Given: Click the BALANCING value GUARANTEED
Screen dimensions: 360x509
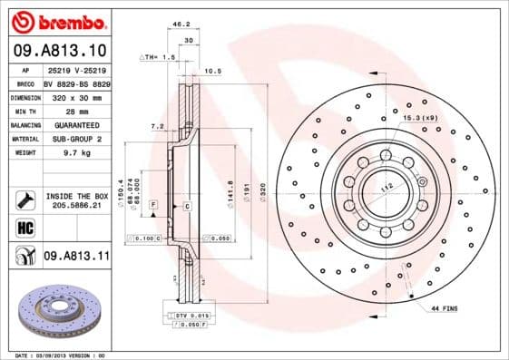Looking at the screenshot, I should (x=74, y=125).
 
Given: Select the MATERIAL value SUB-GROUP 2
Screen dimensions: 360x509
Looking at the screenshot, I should (x=74, y=140).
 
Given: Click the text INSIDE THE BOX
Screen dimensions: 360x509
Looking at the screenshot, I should (x=75, y=196).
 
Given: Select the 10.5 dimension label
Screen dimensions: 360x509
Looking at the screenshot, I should (x=214, y=70).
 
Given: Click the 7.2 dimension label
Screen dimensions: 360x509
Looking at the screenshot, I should (x=156, y=126).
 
